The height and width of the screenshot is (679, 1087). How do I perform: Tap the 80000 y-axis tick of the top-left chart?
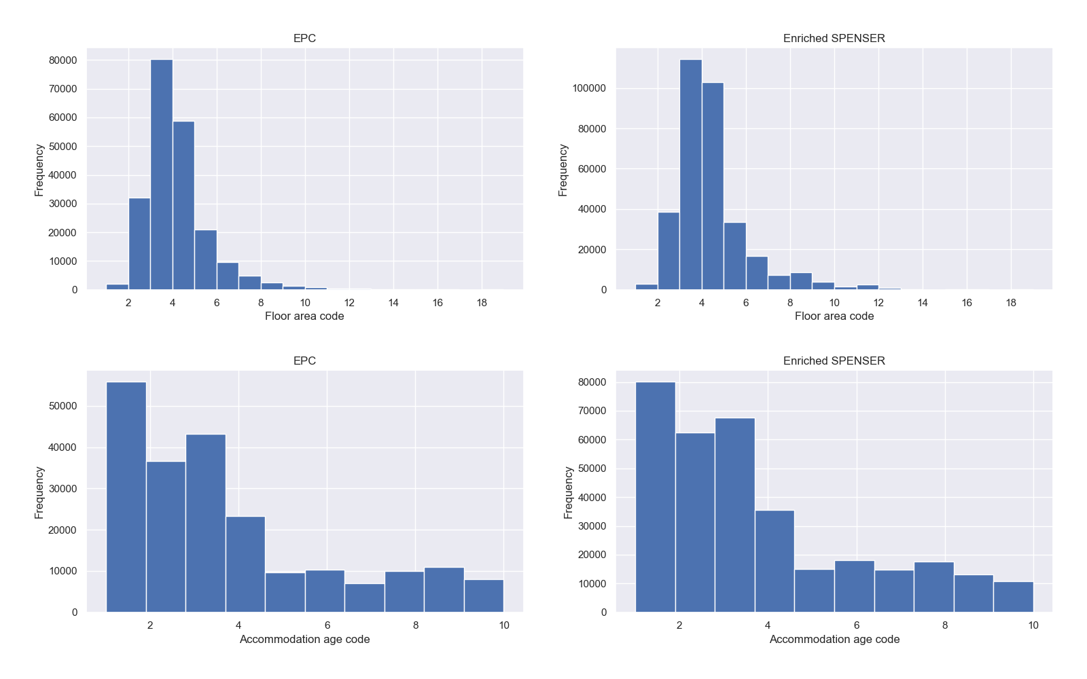[63, 60]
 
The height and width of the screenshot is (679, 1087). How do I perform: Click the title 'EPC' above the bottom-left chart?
[304, 361]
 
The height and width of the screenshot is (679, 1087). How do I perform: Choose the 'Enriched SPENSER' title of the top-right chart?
[834, 38]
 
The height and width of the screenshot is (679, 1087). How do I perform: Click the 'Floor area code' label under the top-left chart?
[304, 316]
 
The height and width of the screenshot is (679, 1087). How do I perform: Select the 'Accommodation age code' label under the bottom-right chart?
[834, 639]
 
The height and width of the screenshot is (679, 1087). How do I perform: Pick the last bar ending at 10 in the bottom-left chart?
[484, 595]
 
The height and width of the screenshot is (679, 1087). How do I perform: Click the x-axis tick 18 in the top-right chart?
[1011, 303]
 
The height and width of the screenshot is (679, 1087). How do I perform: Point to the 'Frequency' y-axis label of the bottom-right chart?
[569, 492]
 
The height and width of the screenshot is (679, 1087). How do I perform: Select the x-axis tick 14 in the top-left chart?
[393, 303]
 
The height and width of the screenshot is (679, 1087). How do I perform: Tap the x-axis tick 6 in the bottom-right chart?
[856, 625]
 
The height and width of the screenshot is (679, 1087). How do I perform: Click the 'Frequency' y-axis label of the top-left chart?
[39, 170]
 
